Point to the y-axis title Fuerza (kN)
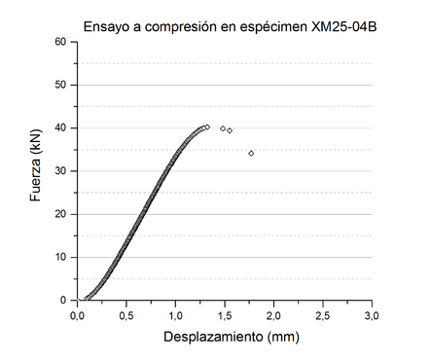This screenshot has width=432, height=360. coord(36,171)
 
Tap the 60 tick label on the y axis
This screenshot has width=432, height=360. coord(59,42)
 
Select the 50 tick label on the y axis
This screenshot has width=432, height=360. coord(59,85)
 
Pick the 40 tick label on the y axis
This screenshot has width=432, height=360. coord(59,127)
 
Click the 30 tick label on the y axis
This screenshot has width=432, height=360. coord(59,171)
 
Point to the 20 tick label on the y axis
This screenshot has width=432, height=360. coord(59,214)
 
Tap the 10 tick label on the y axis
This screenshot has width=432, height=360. coord(59,257)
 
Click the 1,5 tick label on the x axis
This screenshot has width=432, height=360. coord(225,315)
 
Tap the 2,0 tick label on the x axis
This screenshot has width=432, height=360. coord(274,315)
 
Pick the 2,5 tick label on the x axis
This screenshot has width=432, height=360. coord(323,315)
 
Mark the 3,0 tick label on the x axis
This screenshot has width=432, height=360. coord(372,315)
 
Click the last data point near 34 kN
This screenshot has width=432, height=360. coord(251,153)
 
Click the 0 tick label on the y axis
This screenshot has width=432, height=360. coord(63,300)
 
